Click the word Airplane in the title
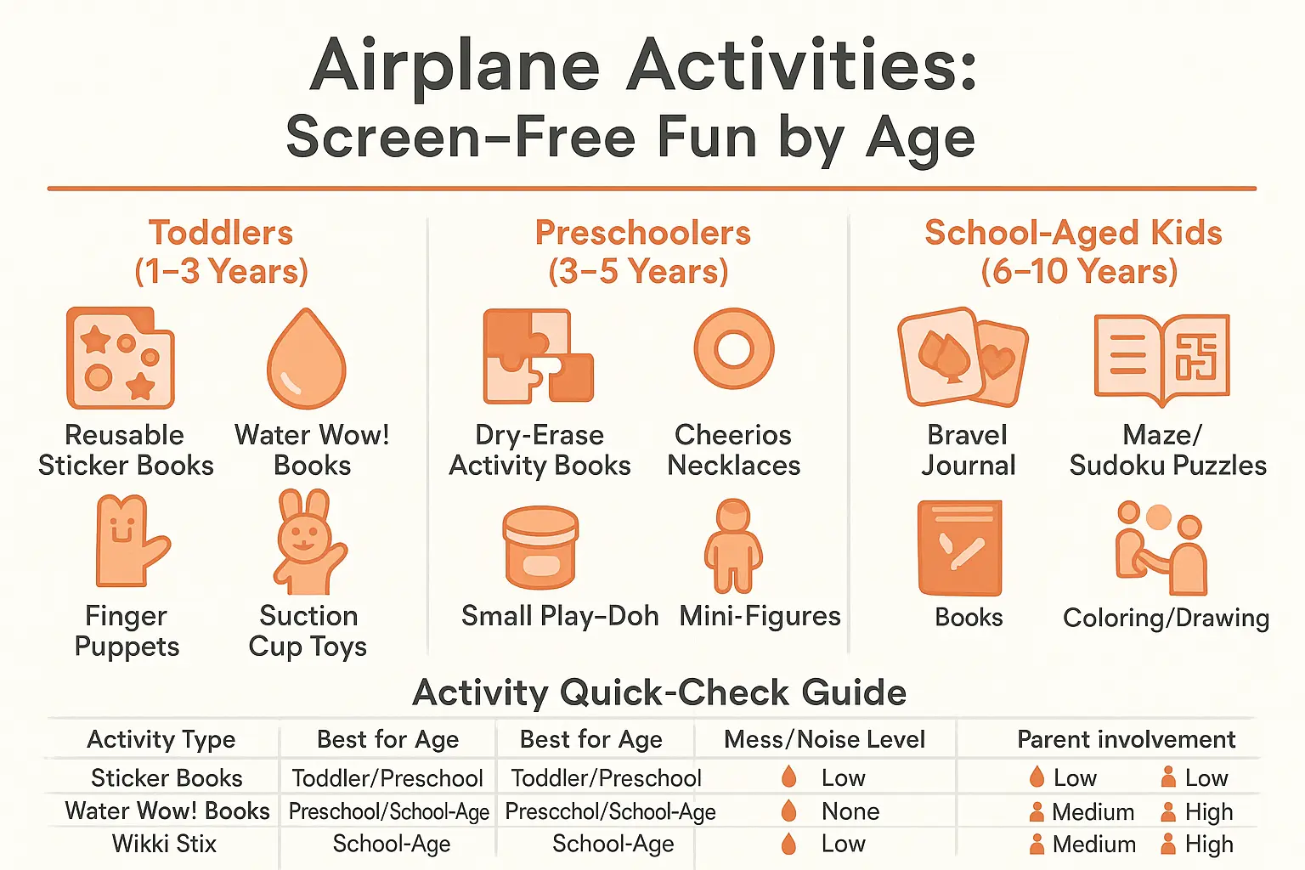coord(455,66)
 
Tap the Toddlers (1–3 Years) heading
coord(221,251)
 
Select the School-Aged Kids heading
coord(1073,251)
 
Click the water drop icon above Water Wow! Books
coord(307,359)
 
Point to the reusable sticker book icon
coord(121,358)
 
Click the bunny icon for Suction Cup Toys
coord(308,542)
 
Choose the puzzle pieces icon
coord(537,356)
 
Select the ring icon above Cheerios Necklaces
coord(734,348)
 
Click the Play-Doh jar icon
coord(540,548)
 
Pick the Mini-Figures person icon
coord(733,545)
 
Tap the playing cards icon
coord(963,357)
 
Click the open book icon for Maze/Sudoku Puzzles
coord(1161,358)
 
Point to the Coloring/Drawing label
coord(1166,618)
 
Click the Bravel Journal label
coord(968,450)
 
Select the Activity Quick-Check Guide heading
coord(659,692)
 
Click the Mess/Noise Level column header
coord(824,739)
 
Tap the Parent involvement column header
coord(1126,739)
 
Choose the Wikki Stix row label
coord(164,844)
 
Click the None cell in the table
coord(850,811)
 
